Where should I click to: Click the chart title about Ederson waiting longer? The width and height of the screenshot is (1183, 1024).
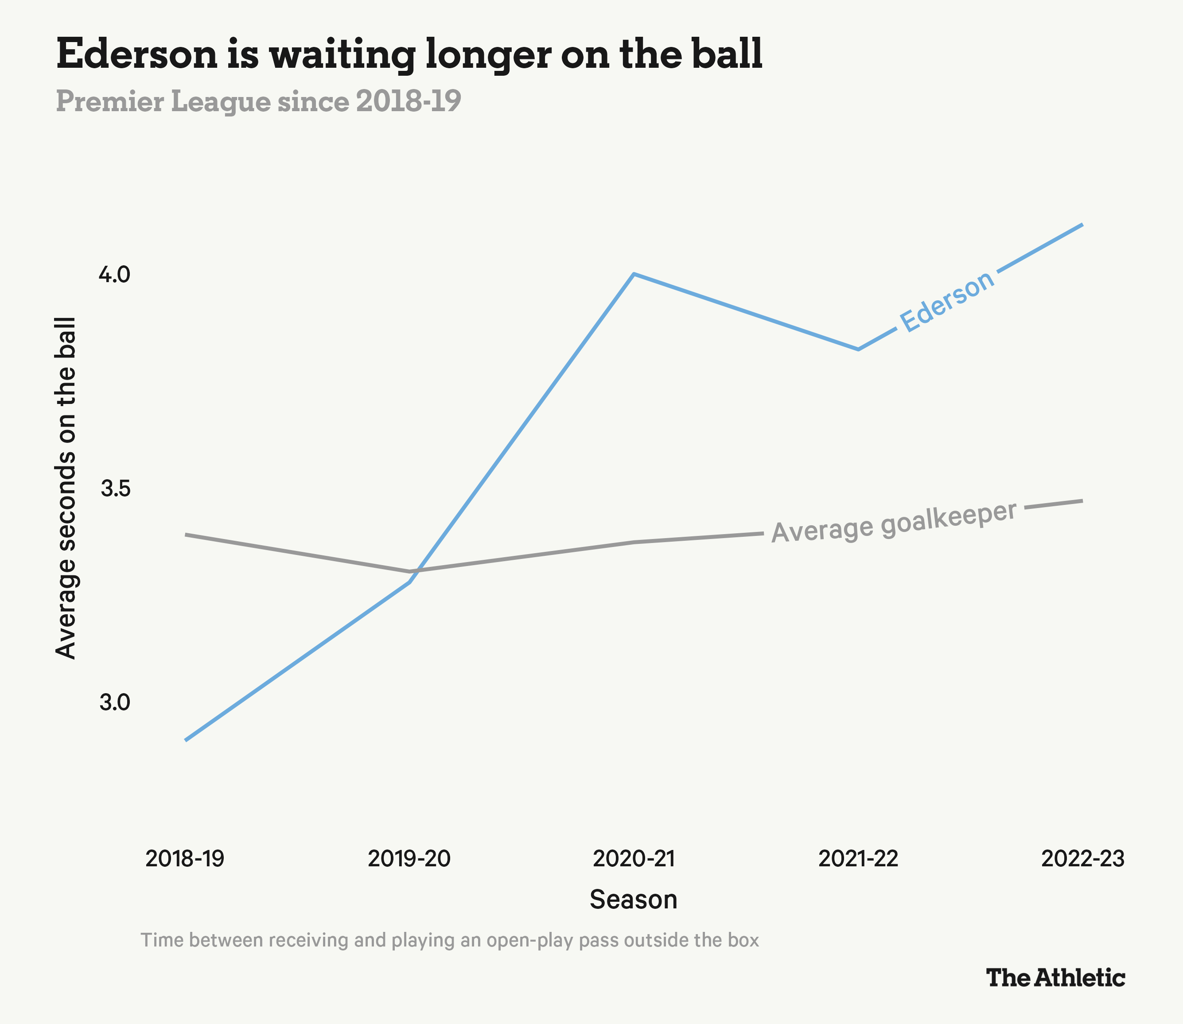click(x=409, y=55)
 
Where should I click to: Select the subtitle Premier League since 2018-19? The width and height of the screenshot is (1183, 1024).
click(x=258, y=102)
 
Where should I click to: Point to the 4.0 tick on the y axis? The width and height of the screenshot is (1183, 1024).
click(x=115, y=275)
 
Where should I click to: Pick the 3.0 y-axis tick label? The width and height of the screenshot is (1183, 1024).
click(x=115, y=703)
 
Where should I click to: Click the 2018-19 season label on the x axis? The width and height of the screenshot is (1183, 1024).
click(x=185, y=859)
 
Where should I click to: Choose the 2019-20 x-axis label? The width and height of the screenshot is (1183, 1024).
click(x=409, y=859)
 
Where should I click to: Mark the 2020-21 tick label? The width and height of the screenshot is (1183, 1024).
click(x=634, y=859)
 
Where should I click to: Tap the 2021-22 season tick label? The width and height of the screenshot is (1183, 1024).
click(x=858, y=859)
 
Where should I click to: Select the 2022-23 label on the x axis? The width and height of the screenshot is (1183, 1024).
click(x=1082, y=859)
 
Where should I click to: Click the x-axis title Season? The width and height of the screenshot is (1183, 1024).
click(x=633, y=900)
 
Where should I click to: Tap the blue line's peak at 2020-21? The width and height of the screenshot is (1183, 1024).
click(x=634, y=274)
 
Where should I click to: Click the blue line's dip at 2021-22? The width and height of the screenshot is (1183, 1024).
click(x=858, y=349)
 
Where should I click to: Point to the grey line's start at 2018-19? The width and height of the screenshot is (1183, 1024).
click(x=185, y=534)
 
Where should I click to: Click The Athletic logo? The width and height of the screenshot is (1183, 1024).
click(x=1055, y=977)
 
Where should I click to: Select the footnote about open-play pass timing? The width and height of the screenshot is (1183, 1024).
click(x=450, y=940)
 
